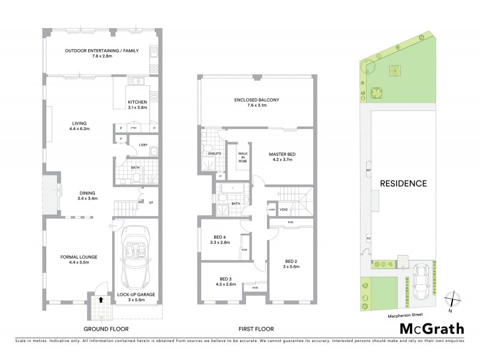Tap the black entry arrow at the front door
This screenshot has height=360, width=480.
click(101, 298)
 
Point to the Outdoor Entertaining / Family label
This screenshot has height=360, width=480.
click(102, 54)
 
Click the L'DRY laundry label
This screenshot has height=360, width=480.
click(143, 145)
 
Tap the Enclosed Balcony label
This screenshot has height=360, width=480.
click(257, 103)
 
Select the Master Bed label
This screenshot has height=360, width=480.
click(282, 157)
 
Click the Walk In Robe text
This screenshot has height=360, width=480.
click(243, 158)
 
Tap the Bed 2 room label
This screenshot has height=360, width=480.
click(291, 264)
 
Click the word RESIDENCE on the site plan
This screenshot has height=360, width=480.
click(402, 184)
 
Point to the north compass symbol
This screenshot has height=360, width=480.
click(453, 299)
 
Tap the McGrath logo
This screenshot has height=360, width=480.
click(432, 328)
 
